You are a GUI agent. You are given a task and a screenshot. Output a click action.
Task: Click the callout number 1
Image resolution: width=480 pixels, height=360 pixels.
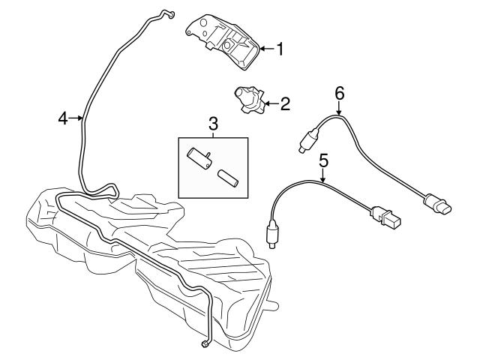[280, 50]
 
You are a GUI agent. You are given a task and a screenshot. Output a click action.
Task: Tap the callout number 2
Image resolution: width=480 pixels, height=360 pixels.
[284, 103]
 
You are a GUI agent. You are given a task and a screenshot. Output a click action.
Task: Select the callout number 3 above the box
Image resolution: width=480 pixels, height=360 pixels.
[213, 123]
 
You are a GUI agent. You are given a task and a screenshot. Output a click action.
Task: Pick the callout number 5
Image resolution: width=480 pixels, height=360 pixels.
[324, 159]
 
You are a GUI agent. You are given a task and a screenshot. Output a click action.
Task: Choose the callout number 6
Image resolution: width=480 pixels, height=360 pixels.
[339, 93]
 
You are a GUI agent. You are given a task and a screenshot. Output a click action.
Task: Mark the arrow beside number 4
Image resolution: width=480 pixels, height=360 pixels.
[76, 117]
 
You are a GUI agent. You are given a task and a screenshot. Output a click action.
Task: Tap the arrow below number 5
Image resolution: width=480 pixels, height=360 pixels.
[323, 176]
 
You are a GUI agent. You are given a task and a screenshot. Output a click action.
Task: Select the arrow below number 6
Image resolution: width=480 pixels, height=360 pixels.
[339, 109]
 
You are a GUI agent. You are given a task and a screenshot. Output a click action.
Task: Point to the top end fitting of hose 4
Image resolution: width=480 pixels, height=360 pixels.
[169, 13]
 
